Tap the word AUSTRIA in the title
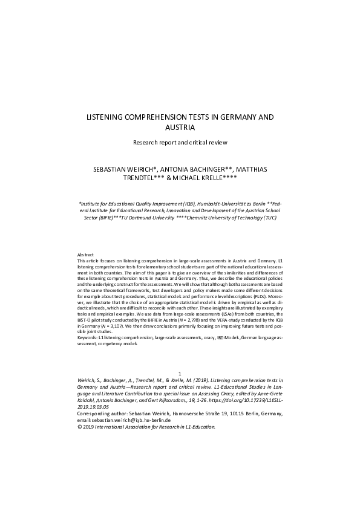[180, 128]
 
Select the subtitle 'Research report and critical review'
[180, 143]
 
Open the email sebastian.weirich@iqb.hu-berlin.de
[120, 420]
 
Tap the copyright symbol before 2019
[80, 426]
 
